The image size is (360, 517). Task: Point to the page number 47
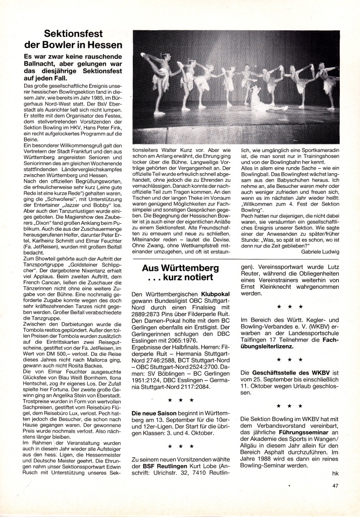click(336, 487)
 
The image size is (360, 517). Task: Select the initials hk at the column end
click(336, 473)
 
